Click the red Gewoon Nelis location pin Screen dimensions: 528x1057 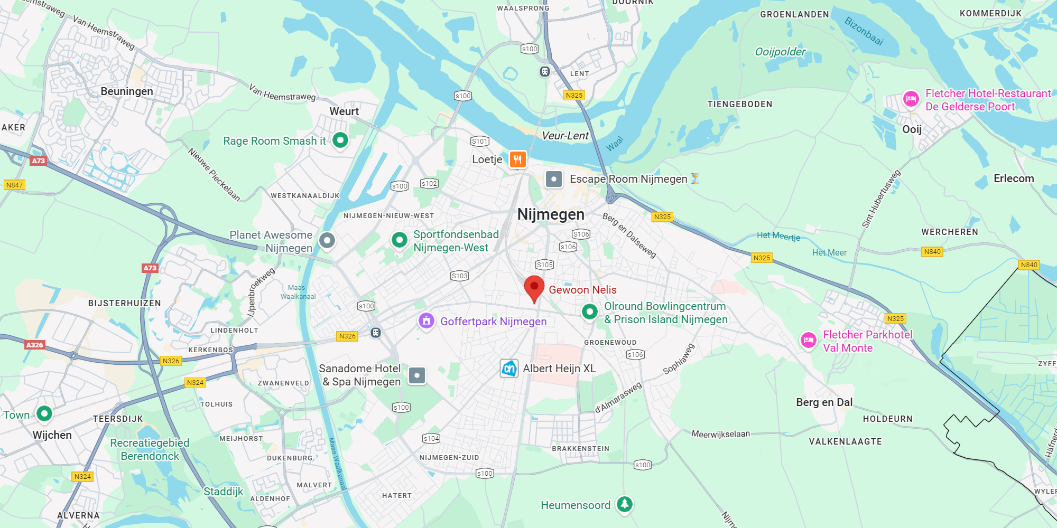pos(534,287)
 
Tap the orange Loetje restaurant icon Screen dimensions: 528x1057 pos(518,159)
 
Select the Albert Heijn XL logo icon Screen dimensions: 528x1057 pos(509,368)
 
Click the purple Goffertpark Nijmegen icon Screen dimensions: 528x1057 pos(426,320)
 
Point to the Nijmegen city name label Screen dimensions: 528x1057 pos(551,214)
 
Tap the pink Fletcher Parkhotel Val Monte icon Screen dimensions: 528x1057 pos(808,341)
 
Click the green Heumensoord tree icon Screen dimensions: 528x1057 pos(625,504)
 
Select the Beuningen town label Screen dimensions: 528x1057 pos(127,91)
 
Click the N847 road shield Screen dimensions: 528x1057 pos(14,185)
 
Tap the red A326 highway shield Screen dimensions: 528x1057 pos(35,345)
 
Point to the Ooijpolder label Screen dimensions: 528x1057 pos(780,52)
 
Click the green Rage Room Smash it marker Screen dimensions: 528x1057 pos(340,140)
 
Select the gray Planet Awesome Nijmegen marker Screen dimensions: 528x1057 pos(327,241)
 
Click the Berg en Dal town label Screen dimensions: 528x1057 pos(824,402)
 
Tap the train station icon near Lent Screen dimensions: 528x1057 pos(545,71)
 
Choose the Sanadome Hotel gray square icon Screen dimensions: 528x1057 pos(417,375)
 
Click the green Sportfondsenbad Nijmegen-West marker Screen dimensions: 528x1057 pos(400,240)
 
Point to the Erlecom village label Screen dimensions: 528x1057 pos(1014,178)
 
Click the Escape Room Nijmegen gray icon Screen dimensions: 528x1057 pos(553,179)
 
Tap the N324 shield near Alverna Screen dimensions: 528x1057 pos(82,476)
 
